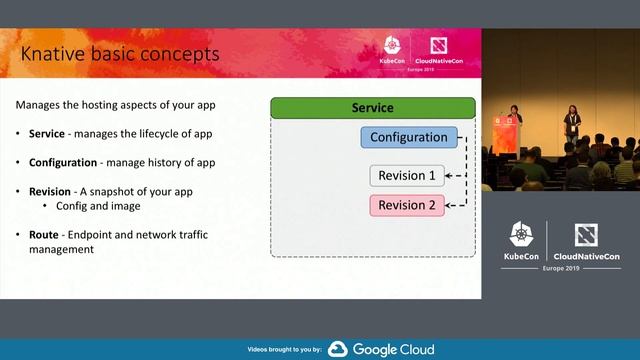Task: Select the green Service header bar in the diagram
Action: click(372, 108)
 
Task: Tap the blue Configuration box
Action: click(408, 137)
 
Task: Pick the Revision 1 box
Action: click(407, 176)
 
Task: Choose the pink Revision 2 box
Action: click(407, 205)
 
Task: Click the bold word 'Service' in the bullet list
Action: click(47, 134)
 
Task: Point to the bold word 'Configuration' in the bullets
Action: click(62, 162)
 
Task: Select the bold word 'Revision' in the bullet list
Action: click(51, 190)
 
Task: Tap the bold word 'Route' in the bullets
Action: click(44, 234)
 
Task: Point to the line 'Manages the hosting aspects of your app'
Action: click(116, 105)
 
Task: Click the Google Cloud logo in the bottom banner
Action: click(381, 349)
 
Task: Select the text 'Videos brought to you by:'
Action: click(284, 350)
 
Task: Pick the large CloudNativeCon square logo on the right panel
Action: click(586, 235)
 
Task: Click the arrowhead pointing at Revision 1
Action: click(448, 176)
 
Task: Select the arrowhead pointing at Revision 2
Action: click(448, 205)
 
